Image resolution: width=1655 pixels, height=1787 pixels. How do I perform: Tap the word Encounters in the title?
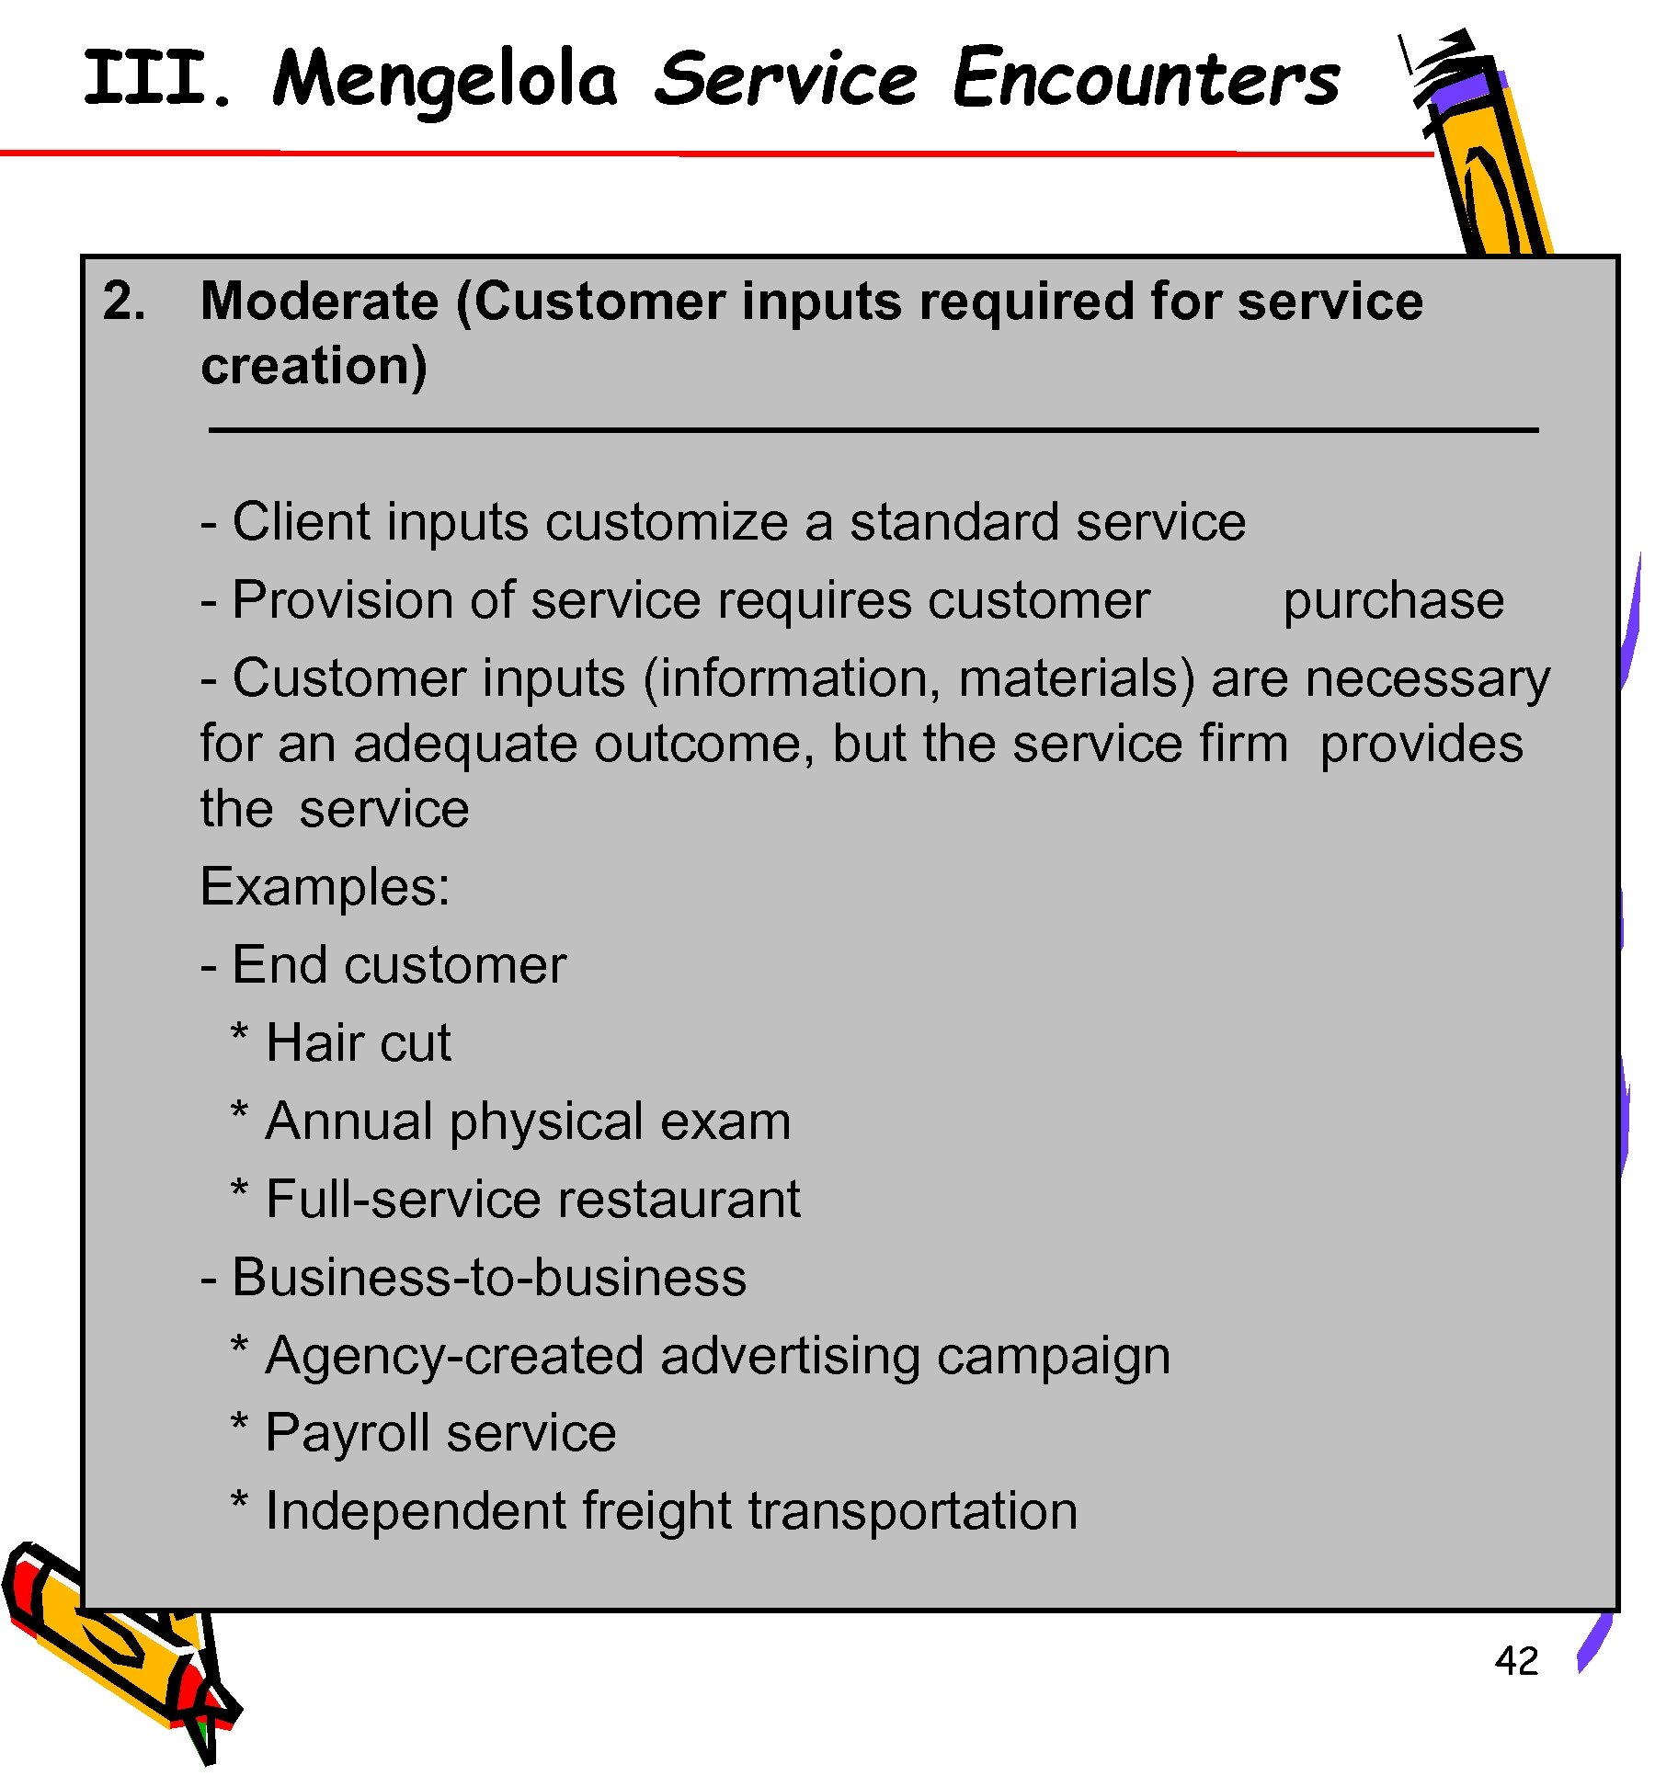click(1146, 78)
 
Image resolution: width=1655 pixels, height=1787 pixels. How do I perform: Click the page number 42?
click(1516, 1661)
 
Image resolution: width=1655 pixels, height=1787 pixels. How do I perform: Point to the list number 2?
click(124, 302)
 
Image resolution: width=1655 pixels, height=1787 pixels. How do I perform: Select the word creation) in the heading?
click(314, 366)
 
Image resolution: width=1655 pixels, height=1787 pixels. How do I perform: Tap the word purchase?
click(1393, 600)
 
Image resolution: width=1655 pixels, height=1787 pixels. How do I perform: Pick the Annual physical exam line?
click(527, 1121)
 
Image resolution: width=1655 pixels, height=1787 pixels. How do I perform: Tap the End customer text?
click(398, 965)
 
